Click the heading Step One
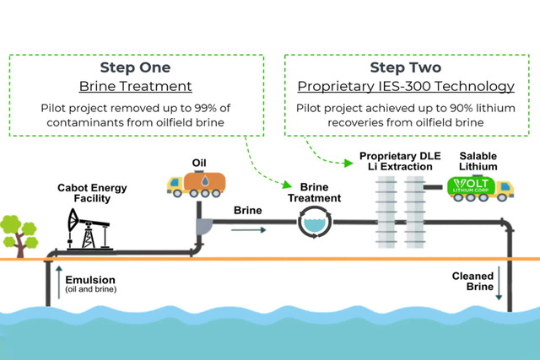tap(135, 67)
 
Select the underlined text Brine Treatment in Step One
tap(136, 86)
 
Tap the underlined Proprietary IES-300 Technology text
tap(406, 86)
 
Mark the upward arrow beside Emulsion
tap(58, 284)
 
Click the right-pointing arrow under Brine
tap(251, 228)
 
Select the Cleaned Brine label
tap(471, 281)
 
